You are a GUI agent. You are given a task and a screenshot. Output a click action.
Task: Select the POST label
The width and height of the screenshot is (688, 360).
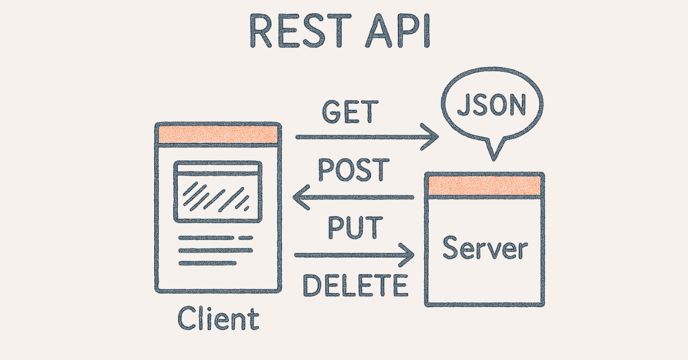click(x=353, y=171)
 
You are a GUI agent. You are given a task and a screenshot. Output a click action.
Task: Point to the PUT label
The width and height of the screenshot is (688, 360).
click(x=354, y=228)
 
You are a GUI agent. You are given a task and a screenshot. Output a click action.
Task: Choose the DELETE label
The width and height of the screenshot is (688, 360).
click(x=355, y=285)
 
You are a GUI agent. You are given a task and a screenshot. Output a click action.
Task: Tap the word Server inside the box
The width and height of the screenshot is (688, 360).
click(x=485, y=248)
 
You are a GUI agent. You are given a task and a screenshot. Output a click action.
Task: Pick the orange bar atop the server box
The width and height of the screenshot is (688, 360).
click(x=484, y=185)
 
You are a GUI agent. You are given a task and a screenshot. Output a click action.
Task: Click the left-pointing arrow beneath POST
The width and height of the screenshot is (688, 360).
click(x=353, y=198)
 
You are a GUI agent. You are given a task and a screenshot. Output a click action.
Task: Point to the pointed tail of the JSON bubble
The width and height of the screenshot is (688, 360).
click(x=492, y=151)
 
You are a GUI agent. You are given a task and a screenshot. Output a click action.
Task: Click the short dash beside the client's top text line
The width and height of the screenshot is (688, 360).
click(x=245, y=237)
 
